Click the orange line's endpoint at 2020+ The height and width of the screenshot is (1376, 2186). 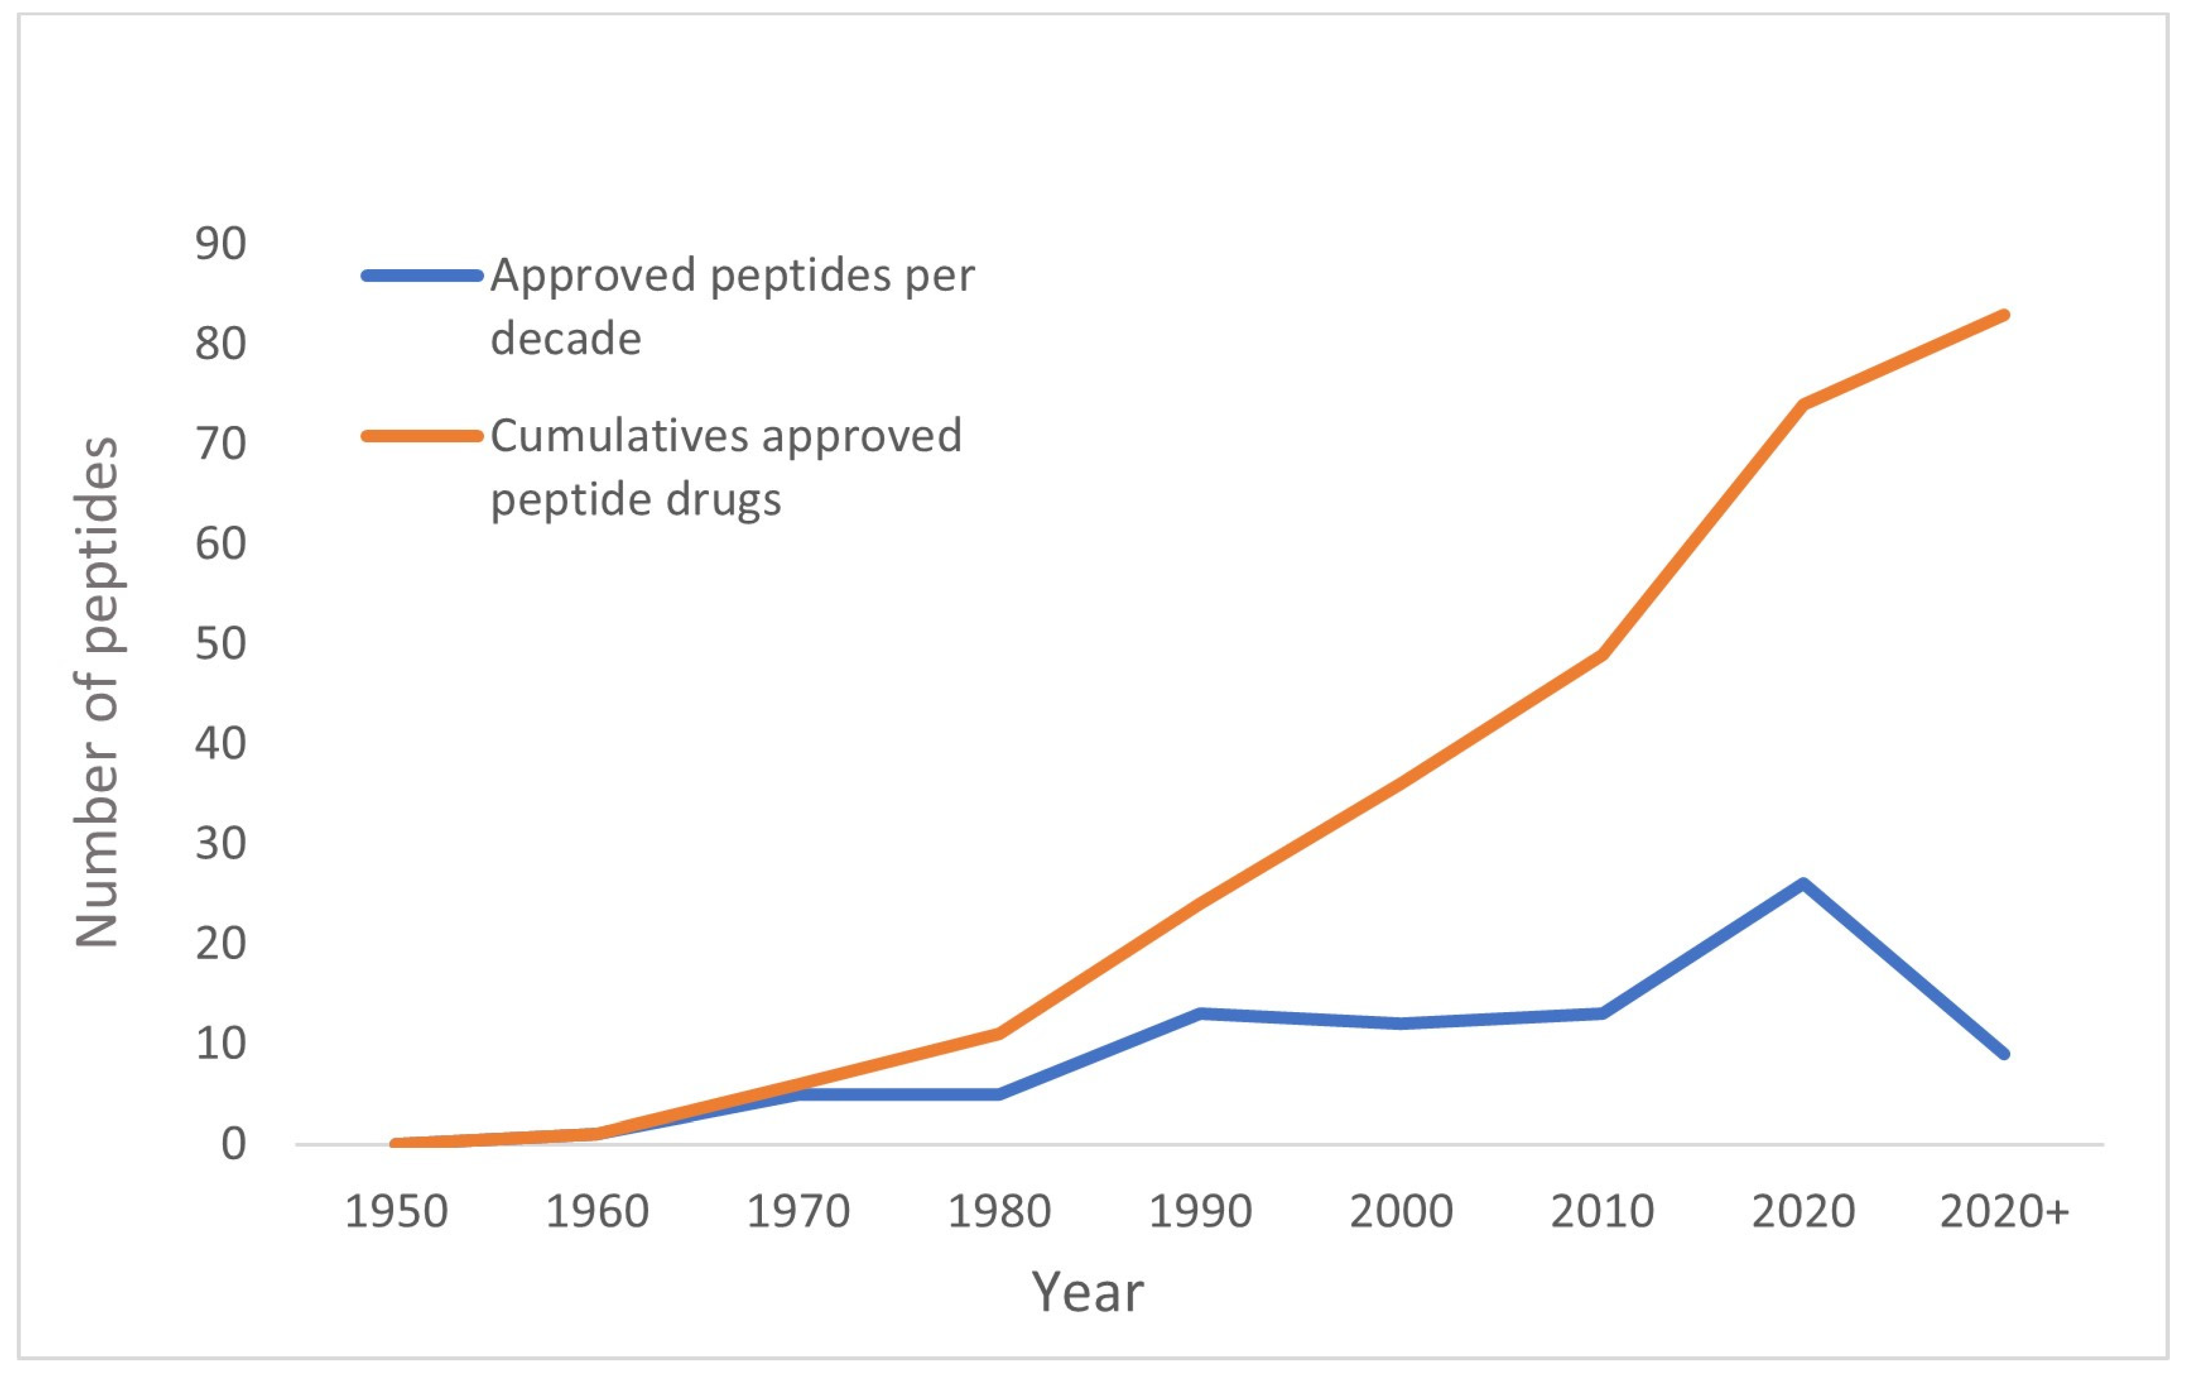(x=2004, y=315)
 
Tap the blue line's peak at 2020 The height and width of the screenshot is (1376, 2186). (x=1803, y=882)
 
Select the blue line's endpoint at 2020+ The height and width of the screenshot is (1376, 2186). (x=2004, y=1054)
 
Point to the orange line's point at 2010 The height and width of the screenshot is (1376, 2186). (x=1602, y=654)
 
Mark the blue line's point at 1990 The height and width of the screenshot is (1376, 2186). (x=1200, y=1013)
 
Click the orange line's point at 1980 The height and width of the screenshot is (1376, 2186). (x=999, y=1033)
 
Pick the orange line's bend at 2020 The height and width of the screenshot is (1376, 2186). (x=1803, y=404)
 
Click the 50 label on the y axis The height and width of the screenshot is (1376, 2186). (x=221, y=643)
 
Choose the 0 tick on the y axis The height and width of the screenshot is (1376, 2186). (x=233, y=1144)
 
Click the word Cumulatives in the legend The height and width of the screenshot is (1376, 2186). (x=618, y=436)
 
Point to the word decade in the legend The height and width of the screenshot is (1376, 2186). (x=566, y=338)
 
